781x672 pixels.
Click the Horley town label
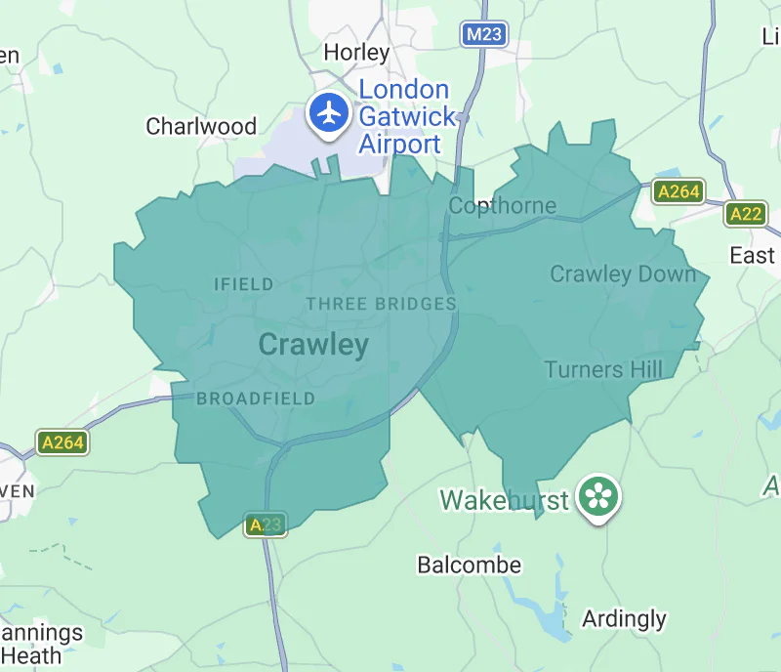[x=356, y=52]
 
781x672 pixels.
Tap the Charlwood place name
[x=201, y=126]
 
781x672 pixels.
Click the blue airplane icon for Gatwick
[x=330, y=113]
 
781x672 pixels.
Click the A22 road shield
[x=746, y=214]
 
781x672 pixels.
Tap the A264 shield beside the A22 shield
[x=678, y=191]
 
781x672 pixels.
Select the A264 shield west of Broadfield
[x=63, y=442]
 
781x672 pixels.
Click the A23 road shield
[x=265, y=525]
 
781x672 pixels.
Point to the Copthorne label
[x=502, y=206]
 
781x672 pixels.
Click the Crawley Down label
[x=623, y=273]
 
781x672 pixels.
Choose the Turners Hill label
[x=603, y=369]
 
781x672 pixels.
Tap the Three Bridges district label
[x=381, y=304]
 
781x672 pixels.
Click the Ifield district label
[x=244, y=284]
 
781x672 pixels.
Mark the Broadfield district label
[x=256, y=399]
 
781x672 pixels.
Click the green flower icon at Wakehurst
[x=596, y=497]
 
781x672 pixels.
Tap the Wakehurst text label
[x=504, y=501]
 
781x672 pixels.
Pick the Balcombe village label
[x=469, y=565]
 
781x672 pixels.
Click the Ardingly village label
[x=624, y=618]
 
